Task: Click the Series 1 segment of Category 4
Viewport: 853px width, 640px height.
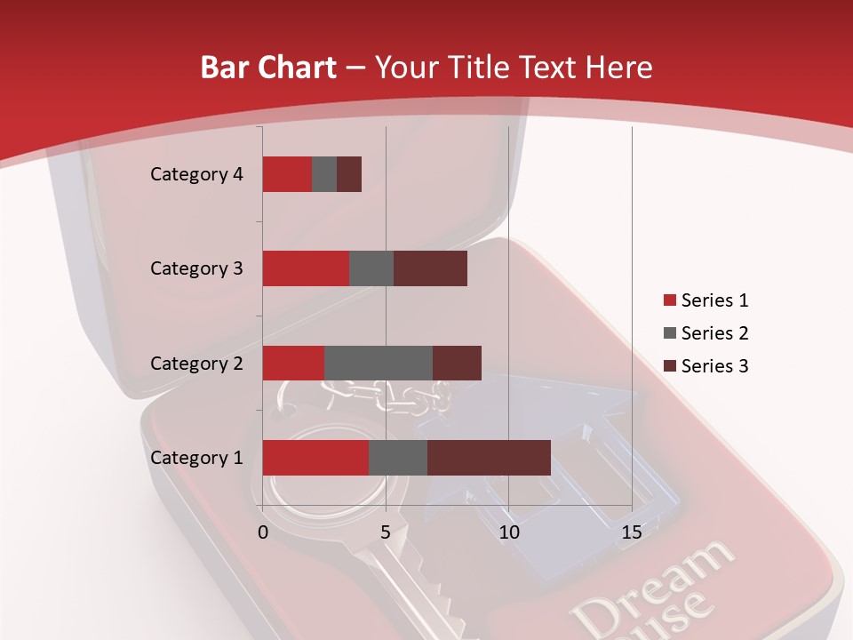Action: pyautogui.click(x=287, y=174)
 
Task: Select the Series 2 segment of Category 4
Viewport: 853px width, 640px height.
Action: pyautogui.click(x=324, y=174)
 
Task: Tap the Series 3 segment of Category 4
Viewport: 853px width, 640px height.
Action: pyautogui.click(x=349, y=174)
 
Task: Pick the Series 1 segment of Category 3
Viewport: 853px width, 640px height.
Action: pyautogui.click(x=306, y=268)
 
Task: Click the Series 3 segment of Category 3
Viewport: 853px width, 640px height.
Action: pyautogui.click(x=430, y=268)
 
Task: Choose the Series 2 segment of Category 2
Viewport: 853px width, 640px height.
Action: pyautogui.click(x=379, y=363)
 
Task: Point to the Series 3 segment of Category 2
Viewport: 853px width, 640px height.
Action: pyautogui.click(x=457, y=363)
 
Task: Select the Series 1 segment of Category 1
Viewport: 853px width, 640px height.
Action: pyautogui.click(x=315, y=458)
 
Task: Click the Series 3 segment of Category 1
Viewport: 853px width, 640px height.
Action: pyautogui.click(x=489, y=458)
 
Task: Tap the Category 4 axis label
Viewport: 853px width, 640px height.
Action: pyautogui.click(x=196, y=174)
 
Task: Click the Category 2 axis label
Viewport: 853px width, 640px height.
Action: pyautogui.click(x=196, y=363)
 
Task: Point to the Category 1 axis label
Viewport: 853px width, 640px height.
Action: pyautogui.click(x=196, y=458)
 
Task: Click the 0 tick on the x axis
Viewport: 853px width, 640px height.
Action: pyautogui.click(x=263, y=532)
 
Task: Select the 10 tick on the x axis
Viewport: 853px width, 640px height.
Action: pyautogui.click(x=509, y=532)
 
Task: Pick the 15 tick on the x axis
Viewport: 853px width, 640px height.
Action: pyautogui.click(x=632, y=532)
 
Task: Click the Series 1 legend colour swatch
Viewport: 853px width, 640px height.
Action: pyautogui.click(x=669, y=300)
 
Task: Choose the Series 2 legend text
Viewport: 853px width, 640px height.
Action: pyautogui.click(x=714, y=333)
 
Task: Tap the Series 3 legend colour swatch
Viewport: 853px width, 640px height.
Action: pyautogui.click(x=669, y=366)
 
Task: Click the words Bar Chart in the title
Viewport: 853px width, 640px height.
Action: pyautogui.click(x=268, y=67)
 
